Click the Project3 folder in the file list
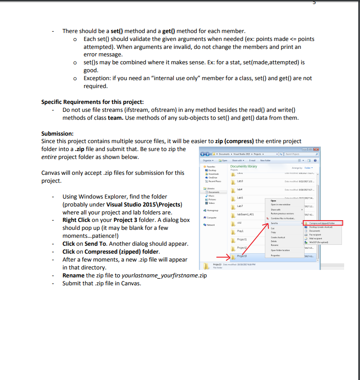coord(242,256)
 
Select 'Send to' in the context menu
coord(275,223)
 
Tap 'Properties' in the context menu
coord(276,255)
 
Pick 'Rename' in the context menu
coord(275,245)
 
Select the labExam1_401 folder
coord(246,214)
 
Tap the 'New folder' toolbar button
coord(265,161)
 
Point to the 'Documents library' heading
coord(244,166)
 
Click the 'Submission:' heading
coord(57,133)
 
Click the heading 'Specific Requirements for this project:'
coord(92,102)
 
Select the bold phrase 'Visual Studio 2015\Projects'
coord(144,204)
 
